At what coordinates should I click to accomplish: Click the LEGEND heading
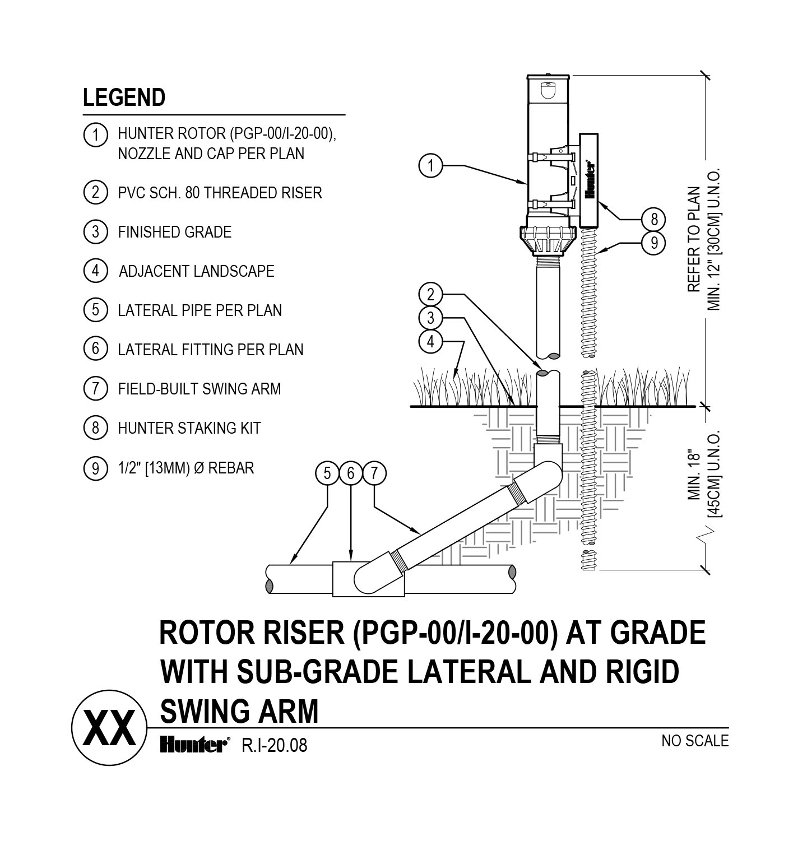point(124,97)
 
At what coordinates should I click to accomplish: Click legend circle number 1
point(95,135)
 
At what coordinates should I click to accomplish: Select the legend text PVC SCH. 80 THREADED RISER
point(220,193)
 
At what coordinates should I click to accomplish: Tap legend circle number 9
point(95,468)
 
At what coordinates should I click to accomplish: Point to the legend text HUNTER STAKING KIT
point(189,429)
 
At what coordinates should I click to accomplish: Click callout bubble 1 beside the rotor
point(430,166)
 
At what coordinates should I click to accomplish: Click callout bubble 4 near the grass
point(430,341)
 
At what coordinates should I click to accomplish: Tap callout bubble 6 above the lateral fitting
point(351,473)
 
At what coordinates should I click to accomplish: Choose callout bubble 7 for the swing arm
point(374,473)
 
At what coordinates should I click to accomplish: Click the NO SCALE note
point(695,741)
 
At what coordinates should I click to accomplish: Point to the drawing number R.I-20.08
point(274,746)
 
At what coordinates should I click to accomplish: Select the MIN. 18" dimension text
point(695,474)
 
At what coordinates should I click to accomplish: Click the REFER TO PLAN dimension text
point(694,239)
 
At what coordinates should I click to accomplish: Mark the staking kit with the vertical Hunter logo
point(590,179)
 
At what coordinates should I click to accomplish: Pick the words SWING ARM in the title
point(239,711)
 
